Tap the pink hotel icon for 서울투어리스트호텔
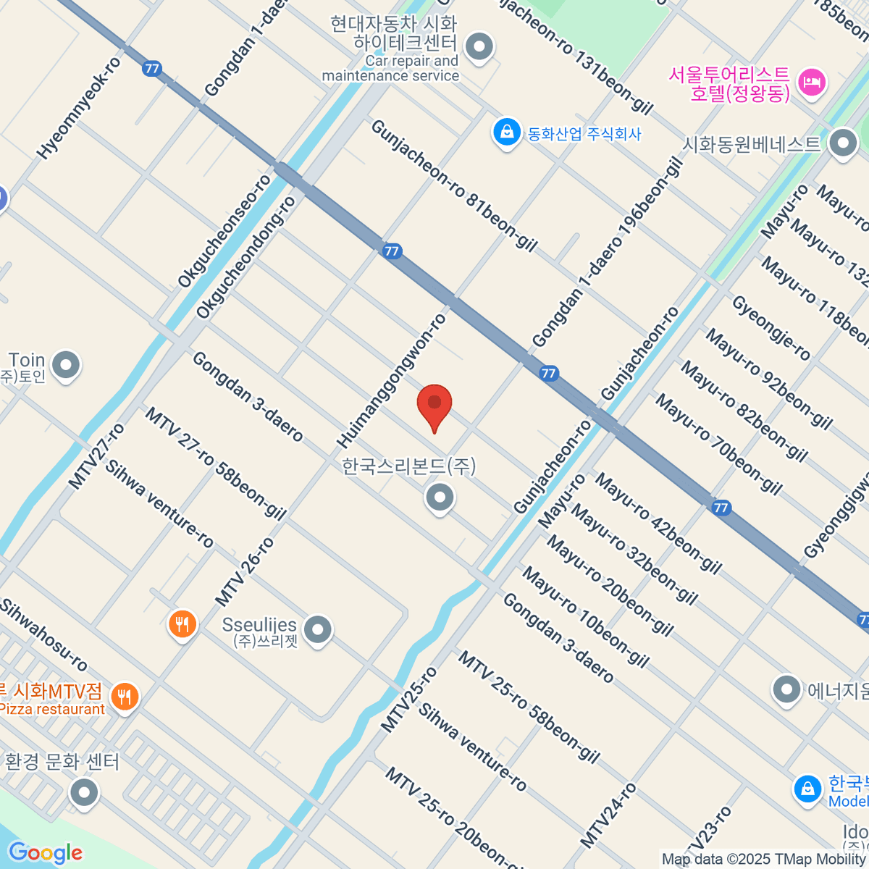(811, 82)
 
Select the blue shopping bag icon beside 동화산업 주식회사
(507, 133)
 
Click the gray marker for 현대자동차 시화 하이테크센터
(479, 48)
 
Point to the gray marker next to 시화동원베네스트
(843, 143)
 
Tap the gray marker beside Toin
(67, 366)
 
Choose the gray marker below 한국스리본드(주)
(440, 498)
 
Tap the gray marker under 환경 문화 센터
(85, 792)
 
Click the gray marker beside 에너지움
(786, 689)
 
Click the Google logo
(46, 853)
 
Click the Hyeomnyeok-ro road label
(80, 108)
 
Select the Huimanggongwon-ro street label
(392, 381)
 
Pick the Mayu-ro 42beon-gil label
(658, 523)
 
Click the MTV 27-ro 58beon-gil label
(215, 463)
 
